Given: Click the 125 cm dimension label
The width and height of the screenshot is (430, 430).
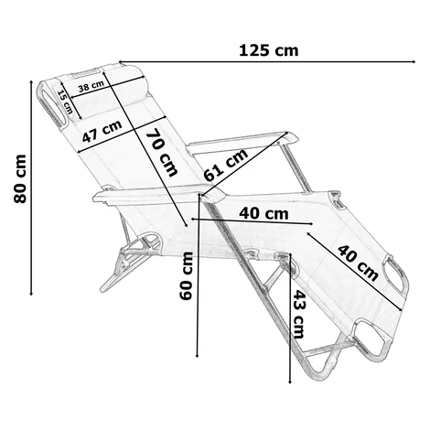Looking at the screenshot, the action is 268,50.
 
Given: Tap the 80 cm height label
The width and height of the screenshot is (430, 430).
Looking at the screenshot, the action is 20,178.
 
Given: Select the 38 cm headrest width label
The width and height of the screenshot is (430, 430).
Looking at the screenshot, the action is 91,87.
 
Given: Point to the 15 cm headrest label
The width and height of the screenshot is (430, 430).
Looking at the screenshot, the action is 65,102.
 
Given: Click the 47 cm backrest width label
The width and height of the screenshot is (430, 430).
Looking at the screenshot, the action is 102,131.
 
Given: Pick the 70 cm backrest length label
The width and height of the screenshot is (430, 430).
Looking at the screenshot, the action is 162,152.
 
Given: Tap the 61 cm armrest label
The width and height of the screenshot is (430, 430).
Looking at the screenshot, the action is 226,165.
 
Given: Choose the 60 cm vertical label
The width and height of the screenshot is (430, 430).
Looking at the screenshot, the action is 187,276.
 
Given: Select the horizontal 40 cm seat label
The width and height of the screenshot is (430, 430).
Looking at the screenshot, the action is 263,214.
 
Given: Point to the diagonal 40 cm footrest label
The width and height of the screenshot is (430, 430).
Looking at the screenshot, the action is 358,263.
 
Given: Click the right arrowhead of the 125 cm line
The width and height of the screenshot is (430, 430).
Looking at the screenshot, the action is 414,61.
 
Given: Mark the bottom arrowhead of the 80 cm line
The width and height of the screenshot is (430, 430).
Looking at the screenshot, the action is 31,294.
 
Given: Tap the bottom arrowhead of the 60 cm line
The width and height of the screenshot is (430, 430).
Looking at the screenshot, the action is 198,355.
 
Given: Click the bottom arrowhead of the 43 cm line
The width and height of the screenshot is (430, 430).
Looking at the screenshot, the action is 290,382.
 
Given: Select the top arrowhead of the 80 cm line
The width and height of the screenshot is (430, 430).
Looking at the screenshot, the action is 31,82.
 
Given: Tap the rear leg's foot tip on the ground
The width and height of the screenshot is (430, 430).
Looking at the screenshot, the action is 102,290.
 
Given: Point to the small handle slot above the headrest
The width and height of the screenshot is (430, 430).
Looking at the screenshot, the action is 86,72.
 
